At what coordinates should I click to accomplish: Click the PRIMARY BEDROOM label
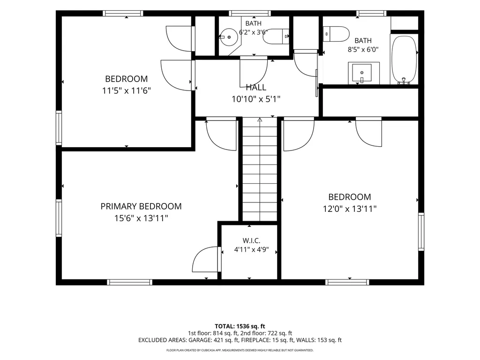(141, 206)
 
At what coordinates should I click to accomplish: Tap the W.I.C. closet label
(251, 240)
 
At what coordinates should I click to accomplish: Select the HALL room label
(256, 87)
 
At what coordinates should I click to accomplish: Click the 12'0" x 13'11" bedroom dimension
(350, 209)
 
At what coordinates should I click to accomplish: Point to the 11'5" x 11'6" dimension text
(127, 90)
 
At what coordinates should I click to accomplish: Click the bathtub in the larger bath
(404, 60)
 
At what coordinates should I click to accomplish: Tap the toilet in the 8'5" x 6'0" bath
(336, 34)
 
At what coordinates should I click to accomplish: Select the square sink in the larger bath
(364, 73)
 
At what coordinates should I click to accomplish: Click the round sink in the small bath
(229, 37)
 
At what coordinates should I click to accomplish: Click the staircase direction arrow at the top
(260, 120)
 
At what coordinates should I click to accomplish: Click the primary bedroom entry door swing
(222, 134)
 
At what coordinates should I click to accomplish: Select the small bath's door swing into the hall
(254, 72)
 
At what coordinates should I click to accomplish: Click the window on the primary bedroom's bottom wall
(129, 282)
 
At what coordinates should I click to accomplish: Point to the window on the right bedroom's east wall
(421, 232)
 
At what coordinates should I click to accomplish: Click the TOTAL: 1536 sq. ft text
(240, 326)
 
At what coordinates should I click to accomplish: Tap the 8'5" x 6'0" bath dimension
(363, 49)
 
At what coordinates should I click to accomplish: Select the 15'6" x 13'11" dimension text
(141, 218)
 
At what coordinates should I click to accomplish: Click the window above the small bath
(250, 13)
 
